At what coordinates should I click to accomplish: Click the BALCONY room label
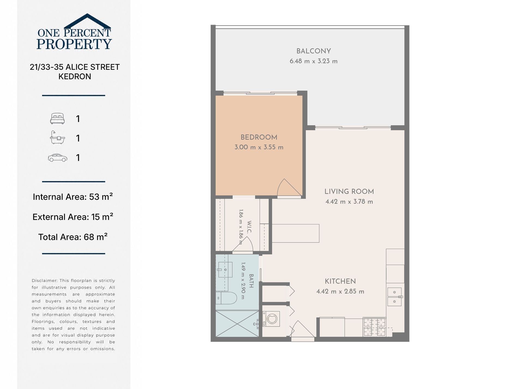(x=314, y=51)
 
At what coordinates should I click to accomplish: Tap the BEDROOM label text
(x=259, y=137)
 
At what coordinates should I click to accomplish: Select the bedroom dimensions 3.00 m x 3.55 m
(x=259, y=147)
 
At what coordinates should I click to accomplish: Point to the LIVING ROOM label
(x=349, y=192)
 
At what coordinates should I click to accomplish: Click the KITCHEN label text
(x=340, y=281)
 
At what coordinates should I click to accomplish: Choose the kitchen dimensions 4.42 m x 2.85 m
(x=340, y=291)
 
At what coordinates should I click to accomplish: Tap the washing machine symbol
(x=271, y=319)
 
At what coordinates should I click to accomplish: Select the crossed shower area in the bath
(x=237, y=324)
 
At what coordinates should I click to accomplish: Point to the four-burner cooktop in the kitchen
(x=374, y=327)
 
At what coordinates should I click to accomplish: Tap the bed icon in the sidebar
(x=57, y=118)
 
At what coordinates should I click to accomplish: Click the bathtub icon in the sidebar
(x=57, y=137)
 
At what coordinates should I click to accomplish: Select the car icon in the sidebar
(x=58, y=158)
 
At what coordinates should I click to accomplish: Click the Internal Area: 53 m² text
(x=73, y=197)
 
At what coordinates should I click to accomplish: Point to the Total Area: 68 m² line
(x=73, y=237)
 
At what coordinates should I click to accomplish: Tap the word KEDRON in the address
(x=75, y=76)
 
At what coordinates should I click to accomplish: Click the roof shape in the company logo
(x=87, y=21)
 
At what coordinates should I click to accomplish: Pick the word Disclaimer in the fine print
(x=44, y=281)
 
